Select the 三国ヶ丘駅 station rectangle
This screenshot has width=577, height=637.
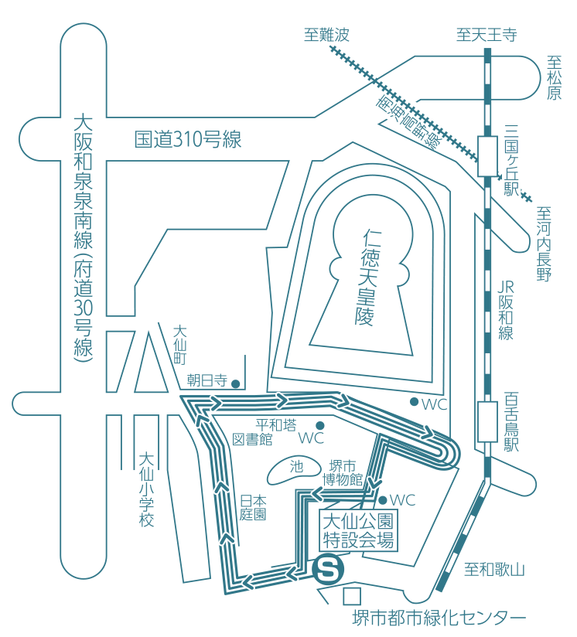click(x=487, y=155)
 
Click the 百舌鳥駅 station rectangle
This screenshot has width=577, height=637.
click(x=487, y=421)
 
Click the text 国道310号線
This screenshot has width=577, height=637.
click(x=188, y=140)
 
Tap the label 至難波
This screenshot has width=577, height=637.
click(x=326, y=35)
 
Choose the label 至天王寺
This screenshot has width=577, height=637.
click(x=486, y=35)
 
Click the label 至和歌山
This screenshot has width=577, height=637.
click(x=494, y=571)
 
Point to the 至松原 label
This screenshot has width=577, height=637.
click(x=554, y=78)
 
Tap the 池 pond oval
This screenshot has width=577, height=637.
click(x=295, y=466)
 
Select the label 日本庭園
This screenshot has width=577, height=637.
click(x=253, y=507)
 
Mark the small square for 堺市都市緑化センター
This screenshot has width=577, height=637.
click(x=352, y=596)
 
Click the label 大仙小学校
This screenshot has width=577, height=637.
click(x=147, y=489)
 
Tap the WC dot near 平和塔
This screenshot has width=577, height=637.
click(x=319, y=426)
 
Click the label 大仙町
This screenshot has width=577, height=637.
click(x=179, y=344)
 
